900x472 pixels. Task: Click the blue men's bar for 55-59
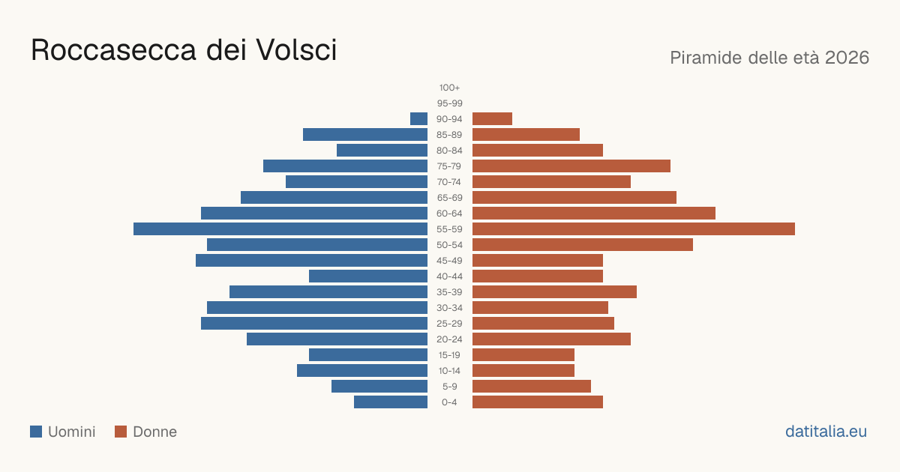tap(280, 229)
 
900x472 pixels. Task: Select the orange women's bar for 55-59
tap(634, 229)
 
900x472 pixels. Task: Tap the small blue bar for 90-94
tap(418, 119)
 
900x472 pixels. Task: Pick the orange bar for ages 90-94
tap(492, 119)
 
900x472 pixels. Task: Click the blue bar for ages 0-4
tap(391, 402)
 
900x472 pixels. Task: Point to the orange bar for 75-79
tap(571, 166)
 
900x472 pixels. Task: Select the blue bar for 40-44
tap(368, 276)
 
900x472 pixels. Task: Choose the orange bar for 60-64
tap(594, 213)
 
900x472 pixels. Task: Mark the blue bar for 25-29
tap(314, 323)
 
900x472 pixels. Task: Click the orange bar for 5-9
tap(532, 386)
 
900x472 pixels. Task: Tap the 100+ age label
tap(449, 88)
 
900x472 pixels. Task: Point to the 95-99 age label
tap(449, 103)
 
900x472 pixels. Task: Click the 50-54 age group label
tap(449, 245)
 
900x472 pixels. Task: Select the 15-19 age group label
tap(449, 355)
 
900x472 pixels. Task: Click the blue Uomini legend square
tap(36, 432)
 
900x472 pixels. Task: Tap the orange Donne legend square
tap(121, 432)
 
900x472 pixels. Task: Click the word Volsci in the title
tap(296, 50)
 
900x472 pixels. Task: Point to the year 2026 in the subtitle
tap(847, 58)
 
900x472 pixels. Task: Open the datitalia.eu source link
tap(826, 432)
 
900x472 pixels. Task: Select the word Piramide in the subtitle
tap(706, 58)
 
